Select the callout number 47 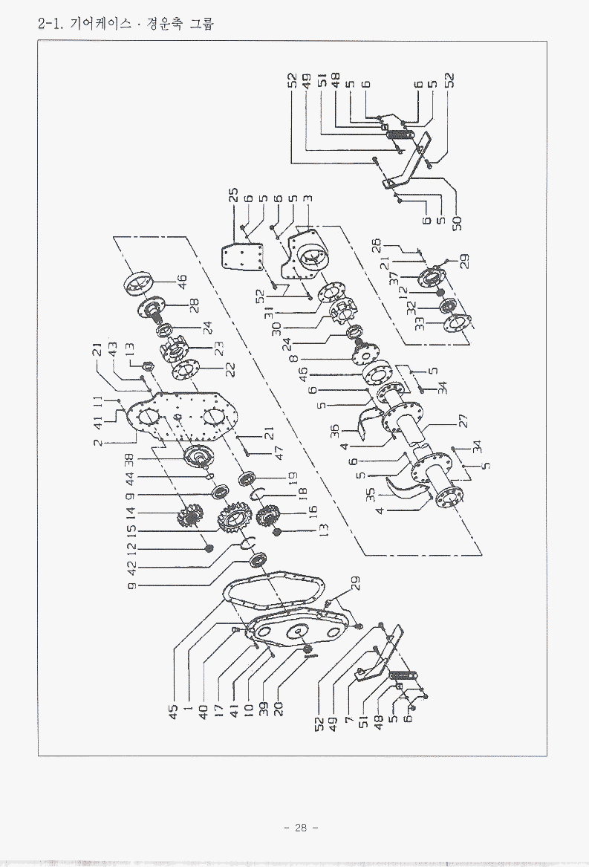(258, 450)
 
